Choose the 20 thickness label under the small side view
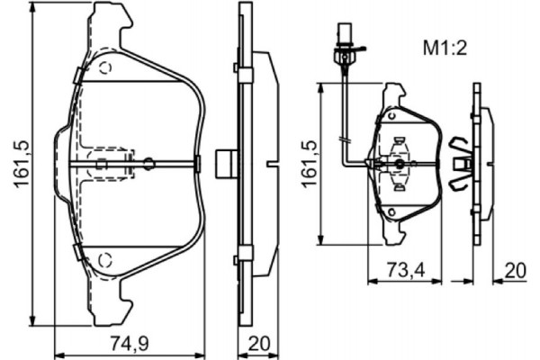click(x=515, y=269)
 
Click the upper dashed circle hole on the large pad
click(x=104, y=67)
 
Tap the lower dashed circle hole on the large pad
click(x=104, y=260)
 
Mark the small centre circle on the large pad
click(x=149, y=163)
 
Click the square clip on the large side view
click(x=227, y=163)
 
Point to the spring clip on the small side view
click(x=461, y=163)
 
